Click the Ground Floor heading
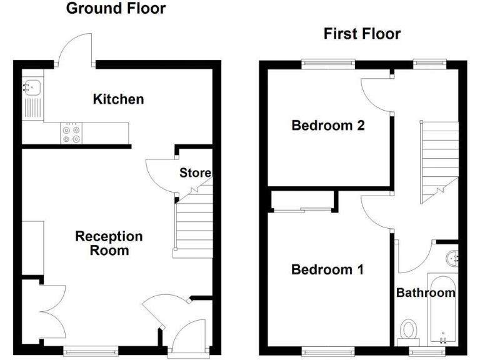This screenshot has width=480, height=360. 116,9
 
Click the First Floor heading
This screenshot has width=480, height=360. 362,34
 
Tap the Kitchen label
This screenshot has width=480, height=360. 118,99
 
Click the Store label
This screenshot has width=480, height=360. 195,172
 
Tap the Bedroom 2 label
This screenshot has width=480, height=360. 328,126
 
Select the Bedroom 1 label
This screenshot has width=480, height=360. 327,270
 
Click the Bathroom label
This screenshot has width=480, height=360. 426,292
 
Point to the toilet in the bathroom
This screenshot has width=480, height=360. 409,330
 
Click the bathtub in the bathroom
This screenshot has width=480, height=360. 442,309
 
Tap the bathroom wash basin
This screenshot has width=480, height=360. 454,257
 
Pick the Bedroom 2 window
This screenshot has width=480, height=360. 328,62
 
